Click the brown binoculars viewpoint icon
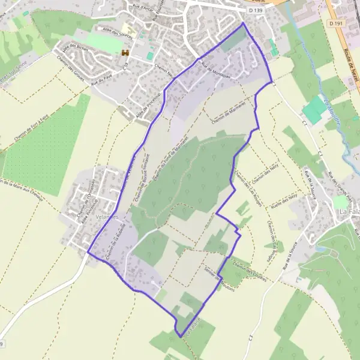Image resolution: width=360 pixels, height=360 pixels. [x=126, y=53]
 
